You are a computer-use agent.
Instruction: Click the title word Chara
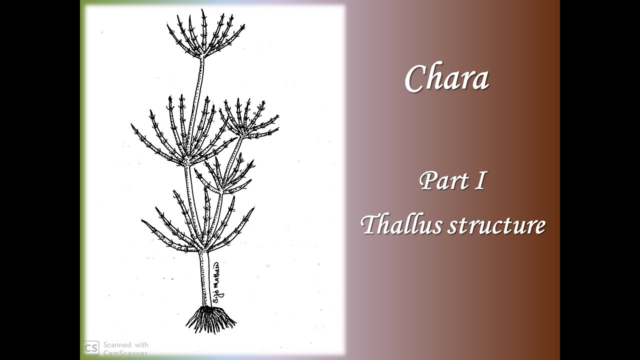point(446,78)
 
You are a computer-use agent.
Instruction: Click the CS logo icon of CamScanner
point(91,348)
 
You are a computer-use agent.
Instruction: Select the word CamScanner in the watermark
point(125,352)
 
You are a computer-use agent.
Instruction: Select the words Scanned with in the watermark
point(125,345)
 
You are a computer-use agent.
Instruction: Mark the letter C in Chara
point(416,79)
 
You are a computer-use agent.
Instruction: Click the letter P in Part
point(428,180)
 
